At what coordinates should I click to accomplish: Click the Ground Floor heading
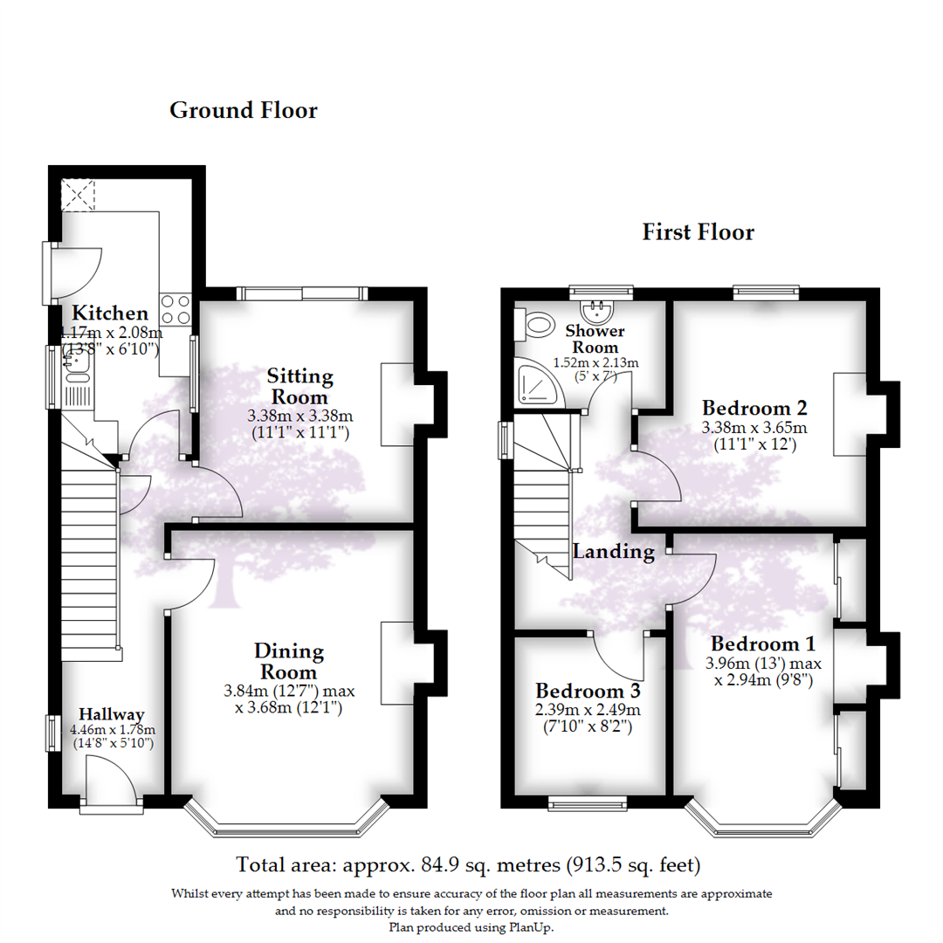(243, 111)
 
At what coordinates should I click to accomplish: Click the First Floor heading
(698, 232)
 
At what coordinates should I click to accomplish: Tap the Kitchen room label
(110, 313)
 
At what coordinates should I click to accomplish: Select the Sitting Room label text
(300, 387)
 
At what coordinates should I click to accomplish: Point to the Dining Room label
(289, 662)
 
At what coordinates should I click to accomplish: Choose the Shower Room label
(595, 339)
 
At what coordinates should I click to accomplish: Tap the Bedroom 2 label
(754, 408)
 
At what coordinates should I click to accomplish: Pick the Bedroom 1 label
(762, 644)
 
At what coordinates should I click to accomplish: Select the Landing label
(613, 551)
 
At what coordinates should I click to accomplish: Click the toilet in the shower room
(535, 326)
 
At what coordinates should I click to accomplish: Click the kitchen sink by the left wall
(76, 376)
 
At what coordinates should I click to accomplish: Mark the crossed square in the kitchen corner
(78, 194)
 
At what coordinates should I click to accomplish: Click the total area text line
(469, 865)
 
